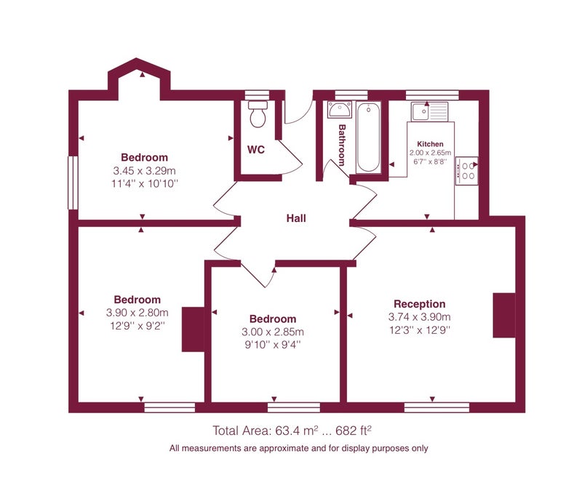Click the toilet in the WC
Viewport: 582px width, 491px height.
(x=258, y=113)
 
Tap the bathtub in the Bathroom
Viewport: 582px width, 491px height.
(x=368, y=137)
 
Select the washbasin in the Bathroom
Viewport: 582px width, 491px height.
(x=339, y=110)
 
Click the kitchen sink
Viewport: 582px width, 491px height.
(x=429, y=111)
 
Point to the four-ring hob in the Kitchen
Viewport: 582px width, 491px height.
(x=466, y=171)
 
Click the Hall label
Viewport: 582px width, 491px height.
(x=296, y=218)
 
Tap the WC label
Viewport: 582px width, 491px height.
(x=256, y=150)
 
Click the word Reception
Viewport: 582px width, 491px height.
(x=420, y=304)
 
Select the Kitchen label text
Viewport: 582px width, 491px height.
(x=430, y=144)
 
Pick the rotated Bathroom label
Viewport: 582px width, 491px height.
(x=342, y=145)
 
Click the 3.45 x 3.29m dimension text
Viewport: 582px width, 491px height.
(x=144, y=171)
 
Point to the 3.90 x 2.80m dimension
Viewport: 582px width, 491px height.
(x=137, y=313)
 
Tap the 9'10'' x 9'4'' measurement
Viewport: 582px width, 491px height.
(x=273, y=345)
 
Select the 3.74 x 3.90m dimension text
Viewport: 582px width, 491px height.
(x=420, y=317)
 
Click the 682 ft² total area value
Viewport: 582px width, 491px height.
(x=354, y=431)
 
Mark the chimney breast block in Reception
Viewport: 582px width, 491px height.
(x=504, y=316)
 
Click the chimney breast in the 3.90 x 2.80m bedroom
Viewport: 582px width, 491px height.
(x=193, y=330)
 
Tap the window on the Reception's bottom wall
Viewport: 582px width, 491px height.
(x=436, y=407)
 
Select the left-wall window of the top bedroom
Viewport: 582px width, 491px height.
(x=73, y=183)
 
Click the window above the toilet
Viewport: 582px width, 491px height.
(x=257, y=95)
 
